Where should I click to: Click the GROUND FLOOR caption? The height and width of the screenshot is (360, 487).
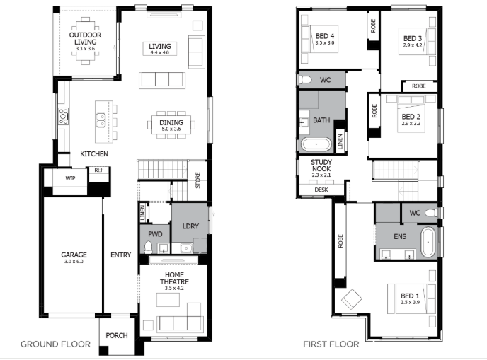(56, 344)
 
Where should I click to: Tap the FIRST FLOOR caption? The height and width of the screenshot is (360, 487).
(331, 344)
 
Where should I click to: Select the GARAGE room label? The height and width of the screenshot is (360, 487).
(74, 255)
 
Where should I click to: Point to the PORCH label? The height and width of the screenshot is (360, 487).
(117, 335)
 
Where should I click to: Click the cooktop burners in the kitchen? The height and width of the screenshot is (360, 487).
(64, 117)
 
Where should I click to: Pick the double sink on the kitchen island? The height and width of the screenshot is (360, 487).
(101, 120)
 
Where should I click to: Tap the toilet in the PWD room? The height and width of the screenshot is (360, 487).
(149, 248)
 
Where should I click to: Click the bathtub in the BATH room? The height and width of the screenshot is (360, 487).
(316, 144)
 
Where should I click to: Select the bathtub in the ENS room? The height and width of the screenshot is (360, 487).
(428, 242)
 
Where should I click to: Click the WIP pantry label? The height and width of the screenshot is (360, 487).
(70, 178)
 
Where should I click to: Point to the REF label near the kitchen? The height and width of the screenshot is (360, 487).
(99, 170)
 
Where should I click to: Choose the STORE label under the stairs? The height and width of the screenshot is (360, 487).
(198, 180)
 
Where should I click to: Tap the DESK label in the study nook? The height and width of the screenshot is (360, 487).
(321, 190)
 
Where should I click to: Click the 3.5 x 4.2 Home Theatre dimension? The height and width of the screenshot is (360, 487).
(174, 289)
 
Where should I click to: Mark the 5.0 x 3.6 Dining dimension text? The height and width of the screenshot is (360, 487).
(171, 129)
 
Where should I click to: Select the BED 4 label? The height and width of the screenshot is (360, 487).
(325, 36)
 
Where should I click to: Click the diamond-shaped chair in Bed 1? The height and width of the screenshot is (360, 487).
(352, 299)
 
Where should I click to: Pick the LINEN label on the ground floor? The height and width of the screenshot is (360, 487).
(142, 213)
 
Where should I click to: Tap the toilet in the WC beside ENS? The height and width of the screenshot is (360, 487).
(431, 213)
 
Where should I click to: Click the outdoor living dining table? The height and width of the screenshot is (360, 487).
(86, 41)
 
